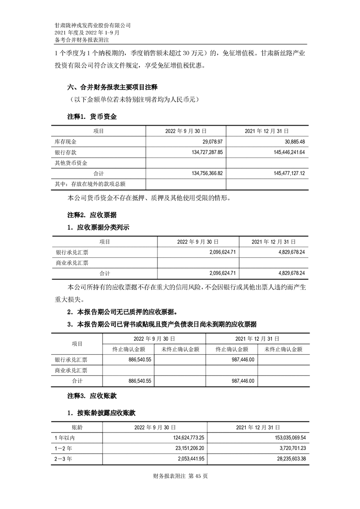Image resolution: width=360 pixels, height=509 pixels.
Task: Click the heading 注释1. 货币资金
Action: click(x=92, y=117)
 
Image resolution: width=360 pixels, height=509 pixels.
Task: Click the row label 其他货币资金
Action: click(x=71, y=163)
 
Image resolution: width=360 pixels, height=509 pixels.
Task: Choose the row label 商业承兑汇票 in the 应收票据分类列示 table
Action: click(x=72, y=263)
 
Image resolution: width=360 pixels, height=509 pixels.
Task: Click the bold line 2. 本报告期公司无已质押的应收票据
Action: click(x=122, y=312)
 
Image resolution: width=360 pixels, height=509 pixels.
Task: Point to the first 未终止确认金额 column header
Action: click(x=180, y=349)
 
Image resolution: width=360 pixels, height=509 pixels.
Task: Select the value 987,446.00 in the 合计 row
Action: click(x=241, y=381)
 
